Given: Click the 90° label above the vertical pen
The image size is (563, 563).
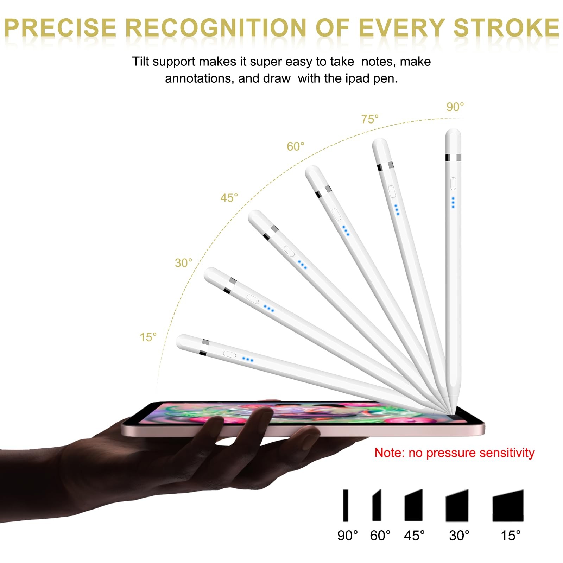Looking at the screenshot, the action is [455, 107].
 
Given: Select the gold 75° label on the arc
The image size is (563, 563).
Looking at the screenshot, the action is [370, 119].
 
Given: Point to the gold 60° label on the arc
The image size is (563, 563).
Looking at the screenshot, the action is [296, 146].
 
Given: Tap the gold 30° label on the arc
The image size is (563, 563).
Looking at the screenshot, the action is [183, 262].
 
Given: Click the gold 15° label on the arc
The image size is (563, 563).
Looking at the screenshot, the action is [148, 337].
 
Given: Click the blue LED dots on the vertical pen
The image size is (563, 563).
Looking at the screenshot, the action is [453, 202].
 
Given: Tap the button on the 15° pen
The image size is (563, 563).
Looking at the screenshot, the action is [229, 354].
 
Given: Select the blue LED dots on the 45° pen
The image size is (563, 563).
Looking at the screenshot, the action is [302, 265].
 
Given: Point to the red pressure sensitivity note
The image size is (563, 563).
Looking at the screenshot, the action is [454, 453].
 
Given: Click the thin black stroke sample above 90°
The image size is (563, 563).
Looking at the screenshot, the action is [346, 505].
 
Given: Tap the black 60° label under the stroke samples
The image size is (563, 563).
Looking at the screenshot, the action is [380, 536].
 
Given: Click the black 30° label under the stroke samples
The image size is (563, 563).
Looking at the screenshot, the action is [459, 536].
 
